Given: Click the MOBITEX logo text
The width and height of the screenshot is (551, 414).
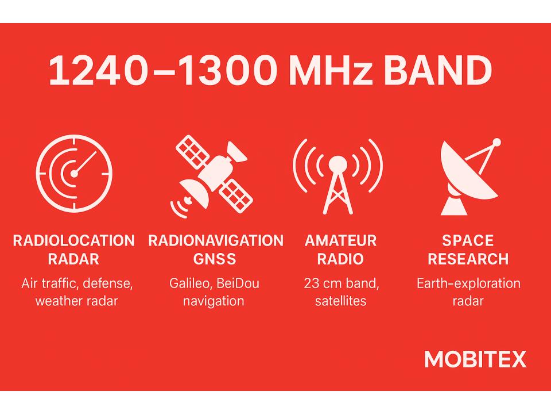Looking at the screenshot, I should point(475,359).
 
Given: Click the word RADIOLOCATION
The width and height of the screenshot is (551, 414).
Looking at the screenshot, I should point(74,240).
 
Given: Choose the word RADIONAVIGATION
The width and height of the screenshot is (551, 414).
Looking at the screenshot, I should point(216,240).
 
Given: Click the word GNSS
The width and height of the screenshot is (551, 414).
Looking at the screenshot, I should point(215,259).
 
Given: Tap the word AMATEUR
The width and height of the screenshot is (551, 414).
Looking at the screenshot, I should point(341,240).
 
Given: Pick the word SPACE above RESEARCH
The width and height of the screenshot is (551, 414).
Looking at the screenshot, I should point(468,240).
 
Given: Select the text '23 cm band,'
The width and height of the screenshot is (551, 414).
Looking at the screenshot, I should point(341,283).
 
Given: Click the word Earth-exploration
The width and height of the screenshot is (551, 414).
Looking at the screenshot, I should point(468,283).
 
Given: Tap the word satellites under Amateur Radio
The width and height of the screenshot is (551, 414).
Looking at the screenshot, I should point(341,301).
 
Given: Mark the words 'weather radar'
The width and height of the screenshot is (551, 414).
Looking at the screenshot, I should point(76,301).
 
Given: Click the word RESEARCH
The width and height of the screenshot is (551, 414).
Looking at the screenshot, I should point(468,259).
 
